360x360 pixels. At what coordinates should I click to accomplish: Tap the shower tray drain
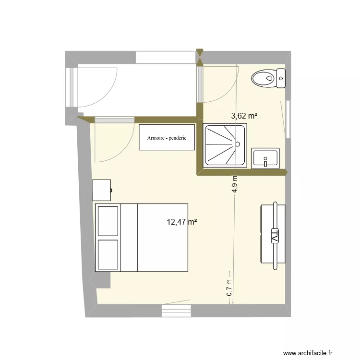point(237,144)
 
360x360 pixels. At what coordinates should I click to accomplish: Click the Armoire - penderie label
point(167,138)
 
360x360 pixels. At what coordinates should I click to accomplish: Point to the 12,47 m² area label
point(182,222)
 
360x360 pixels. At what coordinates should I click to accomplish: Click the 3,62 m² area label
point(244,116)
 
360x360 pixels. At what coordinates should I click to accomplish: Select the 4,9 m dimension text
point(235,183)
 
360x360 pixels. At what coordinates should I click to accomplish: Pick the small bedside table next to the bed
point(102,190)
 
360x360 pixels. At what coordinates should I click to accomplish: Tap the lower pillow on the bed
point(108,254)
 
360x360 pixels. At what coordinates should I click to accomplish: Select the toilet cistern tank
point(281,78)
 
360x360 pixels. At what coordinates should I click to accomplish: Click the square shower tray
point(226,146)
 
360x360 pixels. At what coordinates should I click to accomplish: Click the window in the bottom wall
point(177,312)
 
